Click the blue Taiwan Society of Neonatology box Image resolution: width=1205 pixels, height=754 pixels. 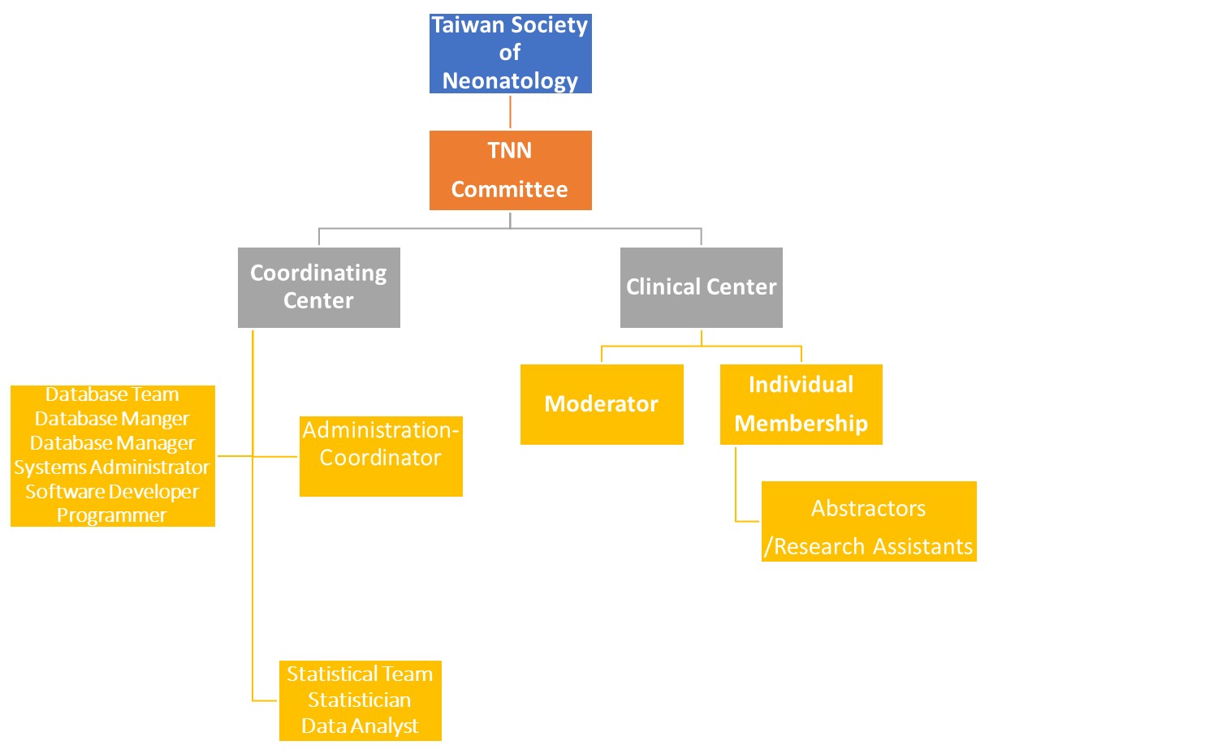coord(510,54)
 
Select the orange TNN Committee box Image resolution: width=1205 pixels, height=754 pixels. coord(510,170)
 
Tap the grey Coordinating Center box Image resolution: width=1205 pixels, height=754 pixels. coord(318,287)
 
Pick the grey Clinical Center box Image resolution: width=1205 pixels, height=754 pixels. coord(701,287)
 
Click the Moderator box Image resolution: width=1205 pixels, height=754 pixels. coord(602,404)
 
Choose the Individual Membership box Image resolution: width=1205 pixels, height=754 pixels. coord(801,404)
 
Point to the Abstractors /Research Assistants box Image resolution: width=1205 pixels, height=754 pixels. coord(869,521)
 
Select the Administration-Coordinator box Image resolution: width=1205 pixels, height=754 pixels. coord(381,456)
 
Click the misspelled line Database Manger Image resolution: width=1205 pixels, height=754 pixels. coord(112,419)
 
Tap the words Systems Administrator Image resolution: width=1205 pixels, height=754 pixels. coord(112,467)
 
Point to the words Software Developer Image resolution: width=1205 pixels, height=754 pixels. coord(112,492)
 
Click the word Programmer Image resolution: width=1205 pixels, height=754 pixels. coord(112,515)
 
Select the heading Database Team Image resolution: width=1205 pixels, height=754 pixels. coord(112,394)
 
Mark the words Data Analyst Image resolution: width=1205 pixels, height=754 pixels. coord(360,726)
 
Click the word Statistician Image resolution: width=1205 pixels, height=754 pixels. coord(360,700)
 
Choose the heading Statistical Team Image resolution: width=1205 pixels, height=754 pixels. coord(360,674)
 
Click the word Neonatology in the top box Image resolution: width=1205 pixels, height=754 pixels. coord(510,81)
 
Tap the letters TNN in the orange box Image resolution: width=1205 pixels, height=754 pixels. coord(510,151)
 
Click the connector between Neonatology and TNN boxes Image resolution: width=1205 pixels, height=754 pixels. coord(510,112)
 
